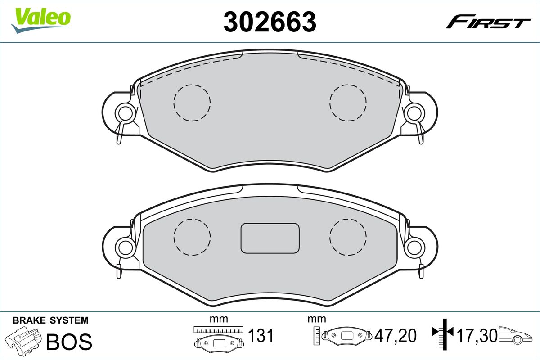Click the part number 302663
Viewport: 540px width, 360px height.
[270, 22]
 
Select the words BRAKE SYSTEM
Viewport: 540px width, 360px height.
[50, 320]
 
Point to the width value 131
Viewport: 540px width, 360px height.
[261, 336]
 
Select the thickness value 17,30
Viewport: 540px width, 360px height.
[477, 336]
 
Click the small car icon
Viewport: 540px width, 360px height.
[517, 335]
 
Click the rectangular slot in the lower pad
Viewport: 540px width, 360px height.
[270, 238]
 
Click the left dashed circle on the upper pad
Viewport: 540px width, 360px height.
[192, 103]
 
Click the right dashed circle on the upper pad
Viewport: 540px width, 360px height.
[348, 103]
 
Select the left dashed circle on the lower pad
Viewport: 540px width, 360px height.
[192, 236]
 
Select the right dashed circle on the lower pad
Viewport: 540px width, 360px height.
[348, 236]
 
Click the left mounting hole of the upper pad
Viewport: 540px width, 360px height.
[125, 112]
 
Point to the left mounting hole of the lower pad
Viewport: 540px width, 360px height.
[125, 246]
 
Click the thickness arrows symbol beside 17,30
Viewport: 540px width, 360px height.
[444, 333]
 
